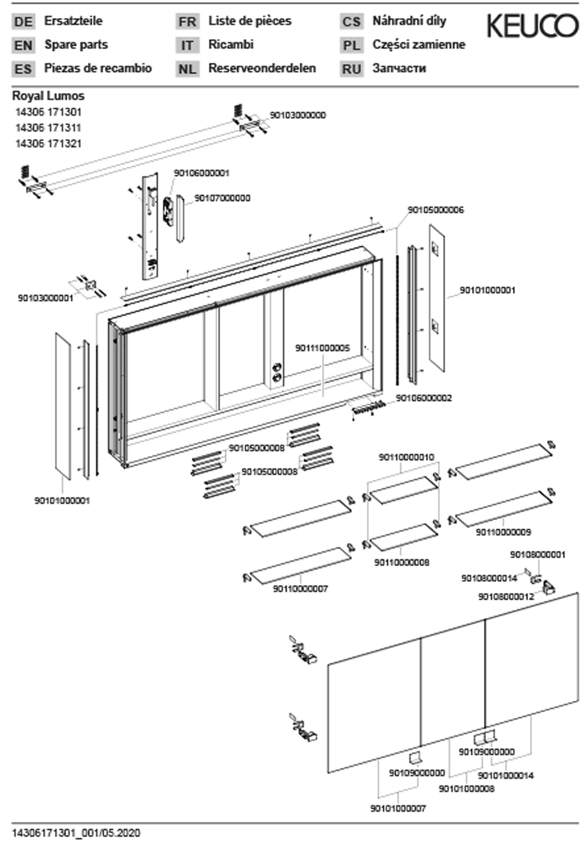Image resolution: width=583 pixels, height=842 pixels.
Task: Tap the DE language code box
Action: [x=23, y=22]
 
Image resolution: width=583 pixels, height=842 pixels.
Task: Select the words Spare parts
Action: [x=76, y=45]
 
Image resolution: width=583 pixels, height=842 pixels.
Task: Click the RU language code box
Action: [x=351, y=69]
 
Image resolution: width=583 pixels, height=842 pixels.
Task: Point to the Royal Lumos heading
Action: [x=48, y=96]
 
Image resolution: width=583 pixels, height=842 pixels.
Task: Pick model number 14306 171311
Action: [x=48, y=128]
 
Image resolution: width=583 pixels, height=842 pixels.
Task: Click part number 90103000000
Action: [x=298, y=115]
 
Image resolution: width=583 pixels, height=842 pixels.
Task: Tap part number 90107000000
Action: [x=223, y=198]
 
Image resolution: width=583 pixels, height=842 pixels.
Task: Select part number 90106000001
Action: [x=201, y=173]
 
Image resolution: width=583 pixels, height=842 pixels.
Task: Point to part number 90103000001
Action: [x=46, y=298]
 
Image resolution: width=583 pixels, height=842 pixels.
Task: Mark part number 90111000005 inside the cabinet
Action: [x=323, y=348]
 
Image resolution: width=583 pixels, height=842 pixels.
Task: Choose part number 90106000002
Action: [x=424, y=398]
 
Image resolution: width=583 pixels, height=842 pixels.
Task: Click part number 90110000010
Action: [x=406, y=457]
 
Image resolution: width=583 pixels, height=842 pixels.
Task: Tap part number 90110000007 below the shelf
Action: [x=300, y=589]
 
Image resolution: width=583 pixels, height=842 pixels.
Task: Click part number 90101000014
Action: [x=506, y=775]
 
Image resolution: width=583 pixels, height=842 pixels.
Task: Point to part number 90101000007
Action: [x=398, y=808]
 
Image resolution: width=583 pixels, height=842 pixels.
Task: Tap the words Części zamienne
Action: [x=419, y=45]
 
